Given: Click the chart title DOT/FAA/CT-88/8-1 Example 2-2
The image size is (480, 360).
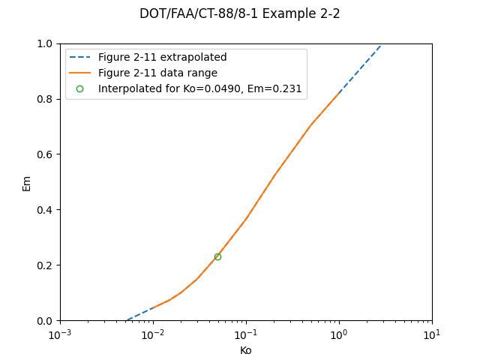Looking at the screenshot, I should (240, 13).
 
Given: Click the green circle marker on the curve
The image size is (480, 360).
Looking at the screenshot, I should (217, 256).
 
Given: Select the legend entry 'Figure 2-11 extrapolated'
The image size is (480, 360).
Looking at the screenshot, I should (162, 58).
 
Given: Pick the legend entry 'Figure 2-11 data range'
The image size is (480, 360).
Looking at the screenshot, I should (157, 73).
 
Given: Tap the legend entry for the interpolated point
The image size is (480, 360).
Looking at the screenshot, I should (199, 88).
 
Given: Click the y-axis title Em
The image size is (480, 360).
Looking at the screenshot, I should (27, 182).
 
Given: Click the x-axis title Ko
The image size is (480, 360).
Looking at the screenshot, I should (246, 350).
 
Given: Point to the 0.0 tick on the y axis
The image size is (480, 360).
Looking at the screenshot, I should (46, 321).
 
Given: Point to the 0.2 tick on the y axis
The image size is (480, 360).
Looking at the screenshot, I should (46, 265).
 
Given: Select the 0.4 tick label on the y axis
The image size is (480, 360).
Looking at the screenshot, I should (46, 210).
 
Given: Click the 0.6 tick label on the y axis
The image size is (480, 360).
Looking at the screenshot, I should (46, 154).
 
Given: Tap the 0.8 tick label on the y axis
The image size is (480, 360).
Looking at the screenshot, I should (46, 99).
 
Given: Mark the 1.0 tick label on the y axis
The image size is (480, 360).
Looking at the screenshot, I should (46, 43).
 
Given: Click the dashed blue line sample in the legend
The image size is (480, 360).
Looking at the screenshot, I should (79, 58).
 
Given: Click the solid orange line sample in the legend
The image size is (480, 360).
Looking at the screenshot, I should (79, 73).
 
